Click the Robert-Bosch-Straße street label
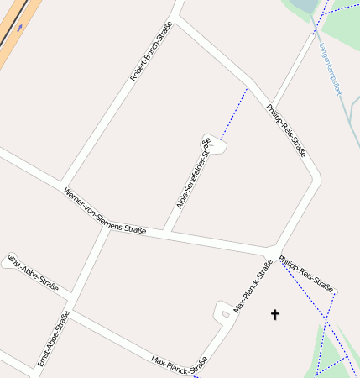point(151,52)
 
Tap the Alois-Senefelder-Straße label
point(193,174)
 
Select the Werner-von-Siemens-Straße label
point(104,211)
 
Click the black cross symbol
point(274,314)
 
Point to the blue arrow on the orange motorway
point(18,27)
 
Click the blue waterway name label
point(331,69)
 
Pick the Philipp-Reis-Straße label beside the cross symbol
point(306,271)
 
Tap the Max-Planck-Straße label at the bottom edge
point(179,362)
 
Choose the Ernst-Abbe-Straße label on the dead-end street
point(34,273)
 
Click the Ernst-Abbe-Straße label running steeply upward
point(53,339)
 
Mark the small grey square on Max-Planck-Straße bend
point(225,314)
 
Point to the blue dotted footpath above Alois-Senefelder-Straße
point(235,108)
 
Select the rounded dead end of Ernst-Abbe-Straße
point(10,263)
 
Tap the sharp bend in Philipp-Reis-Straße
point(316,179)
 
